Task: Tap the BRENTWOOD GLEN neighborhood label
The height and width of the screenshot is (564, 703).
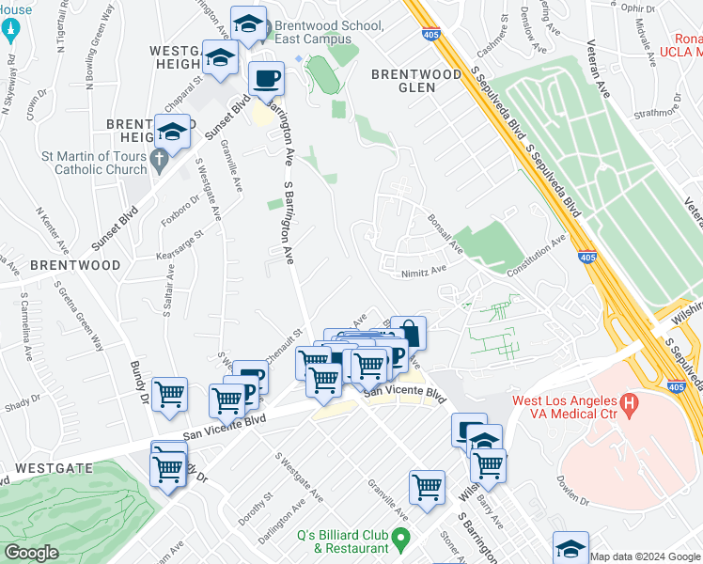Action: point(416,80)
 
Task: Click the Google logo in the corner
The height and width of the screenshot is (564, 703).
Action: point(32,553)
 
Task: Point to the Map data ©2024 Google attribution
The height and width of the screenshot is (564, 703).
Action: point(646,557)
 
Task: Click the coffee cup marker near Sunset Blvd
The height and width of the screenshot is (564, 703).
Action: point(266,78)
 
